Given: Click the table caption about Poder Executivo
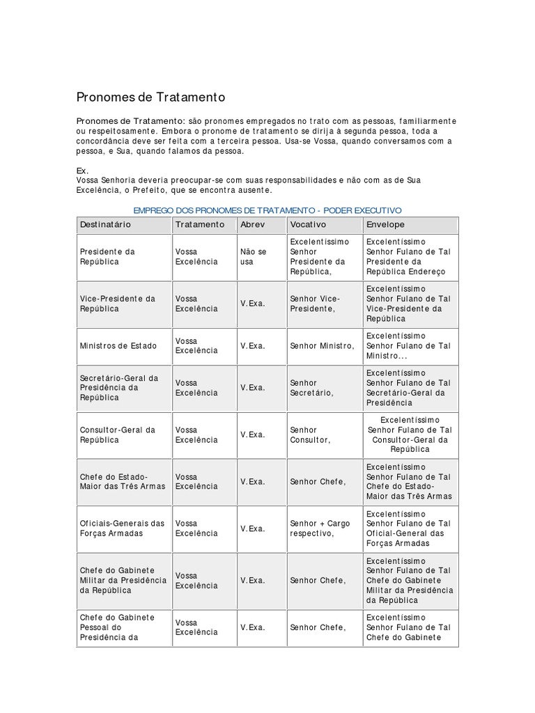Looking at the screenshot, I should coord(267,210).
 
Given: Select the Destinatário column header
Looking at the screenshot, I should coord(105,225).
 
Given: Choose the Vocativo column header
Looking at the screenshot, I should coord(308,225).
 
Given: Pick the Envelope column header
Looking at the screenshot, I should coord(385,225).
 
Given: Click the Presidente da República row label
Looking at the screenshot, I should coord(108,256).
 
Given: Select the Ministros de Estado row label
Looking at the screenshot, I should coord(118,346).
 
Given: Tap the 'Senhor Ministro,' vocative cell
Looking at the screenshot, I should coord(322,346).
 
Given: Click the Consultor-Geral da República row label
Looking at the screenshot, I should coord(117,434).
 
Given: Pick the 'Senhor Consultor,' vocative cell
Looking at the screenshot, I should coord(310,434).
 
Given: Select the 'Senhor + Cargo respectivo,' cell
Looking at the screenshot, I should coord(320,528).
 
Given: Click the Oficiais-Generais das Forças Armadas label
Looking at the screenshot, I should coord(122,528).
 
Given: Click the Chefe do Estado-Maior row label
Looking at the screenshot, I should coord(123,481).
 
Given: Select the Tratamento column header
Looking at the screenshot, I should coord(200,225).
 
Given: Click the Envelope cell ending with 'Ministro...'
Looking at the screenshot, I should coord(408,346).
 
